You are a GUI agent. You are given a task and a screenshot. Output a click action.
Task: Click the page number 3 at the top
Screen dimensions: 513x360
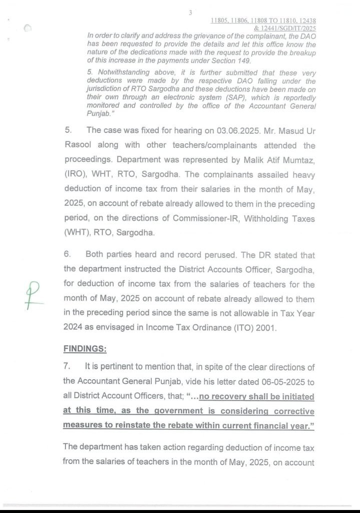tap(190, 13)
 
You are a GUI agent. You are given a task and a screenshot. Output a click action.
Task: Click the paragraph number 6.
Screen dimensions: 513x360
tap(67, 255)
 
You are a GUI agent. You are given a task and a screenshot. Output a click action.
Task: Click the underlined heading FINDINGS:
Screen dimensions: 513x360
tap(85, 348)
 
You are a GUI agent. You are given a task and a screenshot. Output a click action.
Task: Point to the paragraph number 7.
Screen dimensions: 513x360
tap(67, 367)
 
